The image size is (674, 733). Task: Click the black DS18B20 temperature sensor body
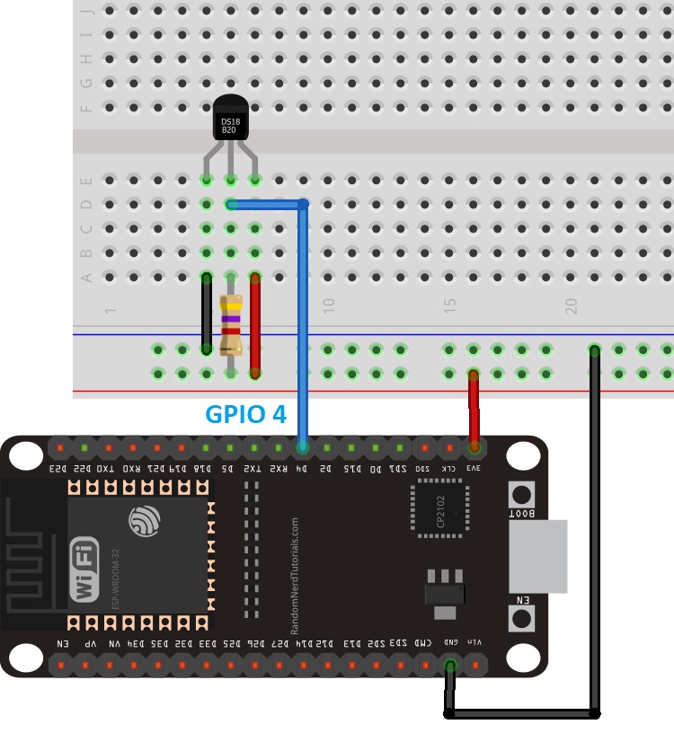pos(231,121)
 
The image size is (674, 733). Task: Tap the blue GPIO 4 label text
pos(246,414)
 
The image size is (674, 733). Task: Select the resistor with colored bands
pos(231,323)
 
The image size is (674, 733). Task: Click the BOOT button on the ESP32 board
pos(520,495)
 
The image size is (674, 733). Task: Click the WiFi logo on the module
pos(85,570)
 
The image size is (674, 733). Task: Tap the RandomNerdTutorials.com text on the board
pos(295,566)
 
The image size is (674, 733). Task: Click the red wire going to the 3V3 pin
pos(473,409)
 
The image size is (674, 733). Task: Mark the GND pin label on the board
pos(451,643)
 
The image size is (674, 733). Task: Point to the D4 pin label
pos(303,468)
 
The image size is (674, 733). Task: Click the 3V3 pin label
pos(474,468)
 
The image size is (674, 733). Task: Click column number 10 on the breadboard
pos(328,305)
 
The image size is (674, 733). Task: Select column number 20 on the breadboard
pos(571,305)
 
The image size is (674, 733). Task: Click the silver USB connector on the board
pos(538,556)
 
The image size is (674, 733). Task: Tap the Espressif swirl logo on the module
pos(144,521)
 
